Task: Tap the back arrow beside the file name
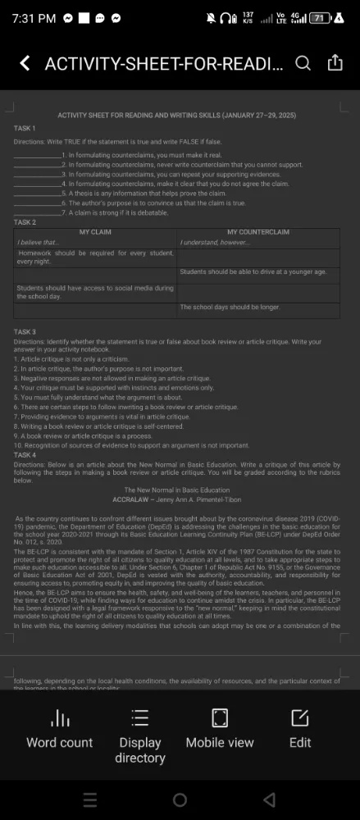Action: (25, 63)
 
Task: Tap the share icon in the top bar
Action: (335, 63)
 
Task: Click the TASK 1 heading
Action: (25, 129)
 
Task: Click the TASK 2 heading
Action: (25, 222)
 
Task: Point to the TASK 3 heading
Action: (25, 331)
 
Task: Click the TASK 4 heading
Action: (25, 454)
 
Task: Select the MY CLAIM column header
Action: (95, 232)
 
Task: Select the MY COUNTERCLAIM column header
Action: (258, 232)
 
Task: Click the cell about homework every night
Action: (95, 257)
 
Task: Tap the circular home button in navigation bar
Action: (180, 799)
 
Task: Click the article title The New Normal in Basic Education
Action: (176, 490)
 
